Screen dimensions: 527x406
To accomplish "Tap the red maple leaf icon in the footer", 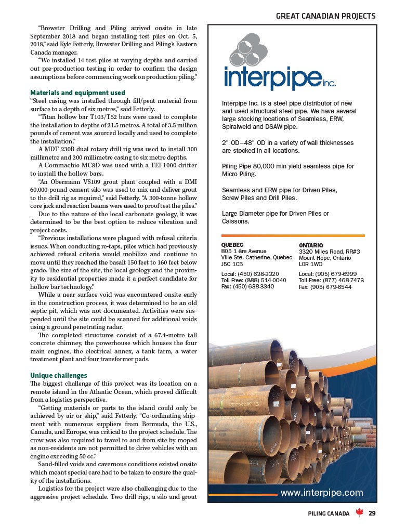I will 359,513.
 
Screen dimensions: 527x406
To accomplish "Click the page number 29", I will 372,513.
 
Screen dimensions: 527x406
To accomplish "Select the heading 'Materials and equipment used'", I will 77,93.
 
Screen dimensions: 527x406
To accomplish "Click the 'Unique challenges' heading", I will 59,375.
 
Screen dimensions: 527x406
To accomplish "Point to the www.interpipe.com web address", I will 322,492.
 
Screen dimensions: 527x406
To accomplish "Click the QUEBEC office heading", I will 232,245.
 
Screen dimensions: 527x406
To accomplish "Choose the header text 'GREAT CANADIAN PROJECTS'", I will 325,16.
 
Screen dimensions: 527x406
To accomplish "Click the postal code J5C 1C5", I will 232,264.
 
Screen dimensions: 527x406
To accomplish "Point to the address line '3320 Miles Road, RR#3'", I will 330,252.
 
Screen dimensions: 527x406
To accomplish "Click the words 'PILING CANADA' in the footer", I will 328,513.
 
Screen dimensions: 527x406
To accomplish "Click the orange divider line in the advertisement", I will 292,235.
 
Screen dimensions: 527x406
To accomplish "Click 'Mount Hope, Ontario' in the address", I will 325,258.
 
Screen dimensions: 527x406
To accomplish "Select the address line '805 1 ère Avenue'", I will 244,251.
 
